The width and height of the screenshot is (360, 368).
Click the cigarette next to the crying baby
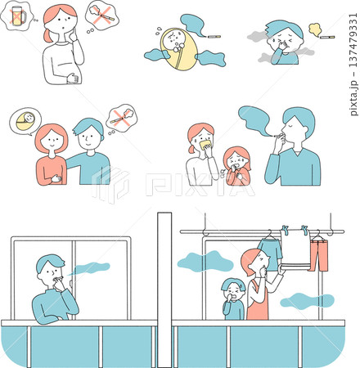[214, 37]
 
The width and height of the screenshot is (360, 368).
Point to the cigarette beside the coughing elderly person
[326, 37]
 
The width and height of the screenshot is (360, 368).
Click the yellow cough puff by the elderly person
[313, 29]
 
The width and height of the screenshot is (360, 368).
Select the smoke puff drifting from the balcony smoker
[91, 267]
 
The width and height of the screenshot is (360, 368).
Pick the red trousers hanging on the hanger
[318, 253]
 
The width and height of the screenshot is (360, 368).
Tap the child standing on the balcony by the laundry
[233, 299]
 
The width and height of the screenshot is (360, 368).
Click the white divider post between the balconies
[164, 286]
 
